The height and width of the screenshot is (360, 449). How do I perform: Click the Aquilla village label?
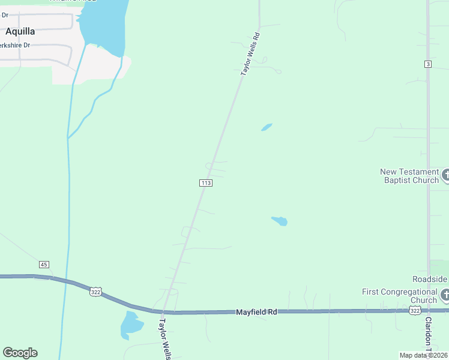(20, 31)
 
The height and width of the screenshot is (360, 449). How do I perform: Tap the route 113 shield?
(206, 183)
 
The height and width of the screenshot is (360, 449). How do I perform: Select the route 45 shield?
(43, 265)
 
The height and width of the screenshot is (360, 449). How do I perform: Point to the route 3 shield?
(428, 64)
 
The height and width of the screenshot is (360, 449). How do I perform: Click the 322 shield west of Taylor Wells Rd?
(95, 292)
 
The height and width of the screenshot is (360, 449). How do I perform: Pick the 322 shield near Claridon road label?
(414, 310)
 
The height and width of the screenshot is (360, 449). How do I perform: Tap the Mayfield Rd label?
(256, 312)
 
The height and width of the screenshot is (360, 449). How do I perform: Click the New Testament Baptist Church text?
(409, 176)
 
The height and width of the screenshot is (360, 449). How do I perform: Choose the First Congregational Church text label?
(400, 296)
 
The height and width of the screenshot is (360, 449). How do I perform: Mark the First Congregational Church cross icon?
(445, 295)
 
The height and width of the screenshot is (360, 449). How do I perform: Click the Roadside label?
(430, 280)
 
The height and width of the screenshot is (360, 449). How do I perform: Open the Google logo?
(20, 353)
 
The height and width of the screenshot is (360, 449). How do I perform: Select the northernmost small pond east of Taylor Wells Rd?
(267, 127)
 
